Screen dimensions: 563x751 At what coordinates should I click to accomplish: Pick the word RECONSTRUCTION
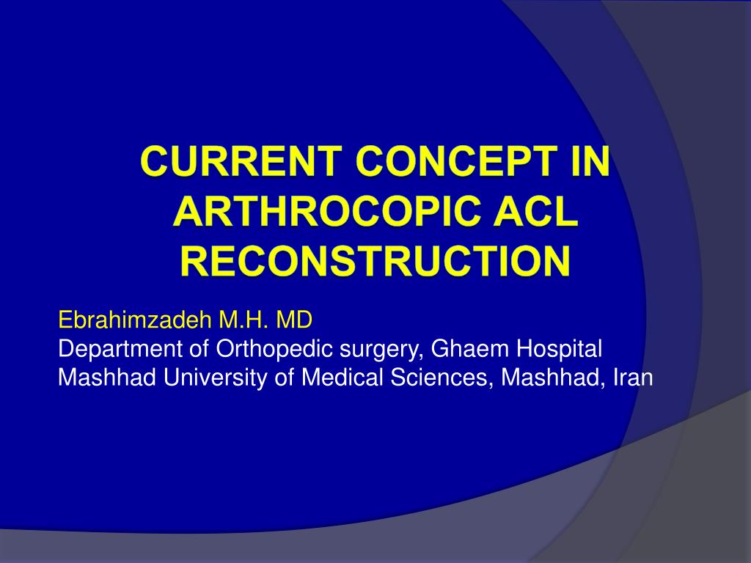point(375,262)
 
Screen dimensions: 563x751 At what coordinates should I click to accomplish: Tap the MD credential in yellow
point(294,320)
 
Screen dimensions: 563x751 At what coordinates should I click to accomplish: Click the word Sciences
point(443,377)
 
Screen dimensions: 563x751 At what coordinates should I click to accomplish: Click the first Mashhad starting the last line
point(95,377)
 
